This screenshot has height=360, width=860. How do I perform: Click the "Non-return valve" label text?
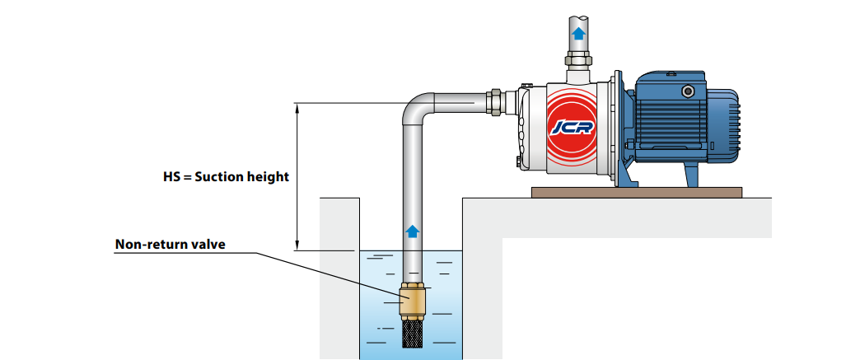coord(170,244)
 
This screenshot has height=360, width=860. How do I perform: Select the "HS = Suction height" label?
coord(227,176)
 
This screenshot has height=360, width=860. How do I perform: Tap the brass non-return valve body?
coord(413,302)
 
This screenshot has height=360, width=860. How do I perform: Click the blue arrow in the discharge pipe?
coord(578,34)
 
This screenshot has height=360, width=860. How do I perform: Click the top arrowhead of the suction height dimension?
coord(296,106)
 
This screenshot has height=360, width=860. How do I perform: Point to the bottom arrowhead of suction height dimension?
coord(296,245)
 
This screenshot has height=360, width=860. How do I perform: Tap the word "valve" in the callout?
coord(208,244)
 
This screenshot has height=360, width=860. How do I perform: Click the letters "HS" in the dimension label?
coord(173,176)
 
